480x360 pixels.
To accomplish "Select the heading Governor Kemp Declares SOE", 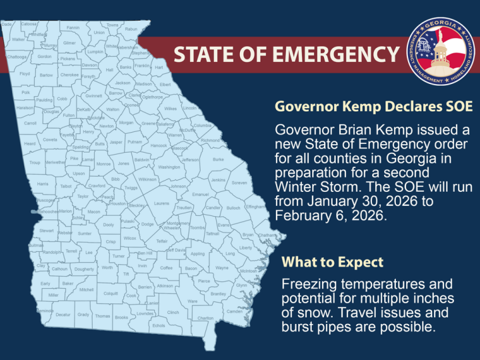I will [373, 107].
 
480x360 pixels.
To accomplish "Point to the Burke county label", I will [218, 159].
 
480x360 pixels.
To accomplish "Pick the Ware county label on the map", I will [193, 301].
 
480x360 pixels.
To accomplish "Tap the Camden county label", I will [235, 311].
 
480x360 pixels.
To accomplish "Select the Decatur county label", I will [63, 315].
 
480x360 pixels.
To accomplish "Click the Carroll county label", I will [31, 123].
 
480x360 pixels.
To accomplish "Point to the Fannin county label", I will [73, 28].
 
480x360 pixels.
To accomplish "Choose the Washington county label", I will [169, 167].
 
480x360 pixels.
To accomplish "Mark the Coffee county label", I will [166, 267].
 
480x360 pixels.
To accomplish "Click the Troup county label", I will [35, 162].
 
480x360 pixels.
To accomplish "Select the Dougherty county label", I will [84, 269].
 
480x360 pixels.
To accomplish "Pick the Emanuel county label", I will [201, 194].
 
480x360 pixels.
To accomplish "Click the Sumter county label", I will [85, 234].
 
